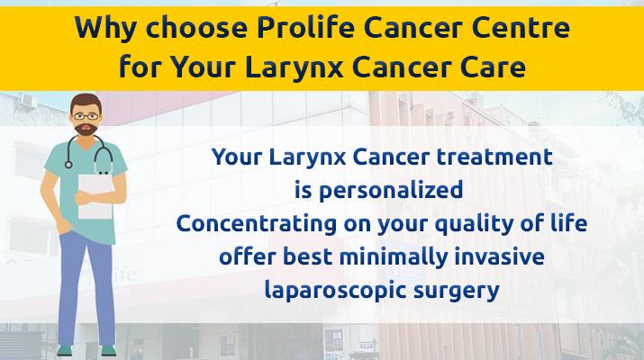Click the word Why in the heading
click(105, 29)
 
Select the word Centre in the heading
click(520, 28)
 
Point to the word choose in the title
click(196, 27)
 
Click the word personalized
click(391, 191)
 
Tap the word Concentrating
click(257, 224)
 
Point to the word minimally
click(394, 257)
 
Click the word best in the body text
click(308, 257)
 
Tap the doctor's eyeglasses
click(86, 117)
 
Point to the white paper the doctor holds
click(95, 196)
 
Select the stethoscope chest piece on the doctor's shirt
click(68, 165)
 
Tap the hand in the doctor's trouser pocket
click(65, 226)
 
